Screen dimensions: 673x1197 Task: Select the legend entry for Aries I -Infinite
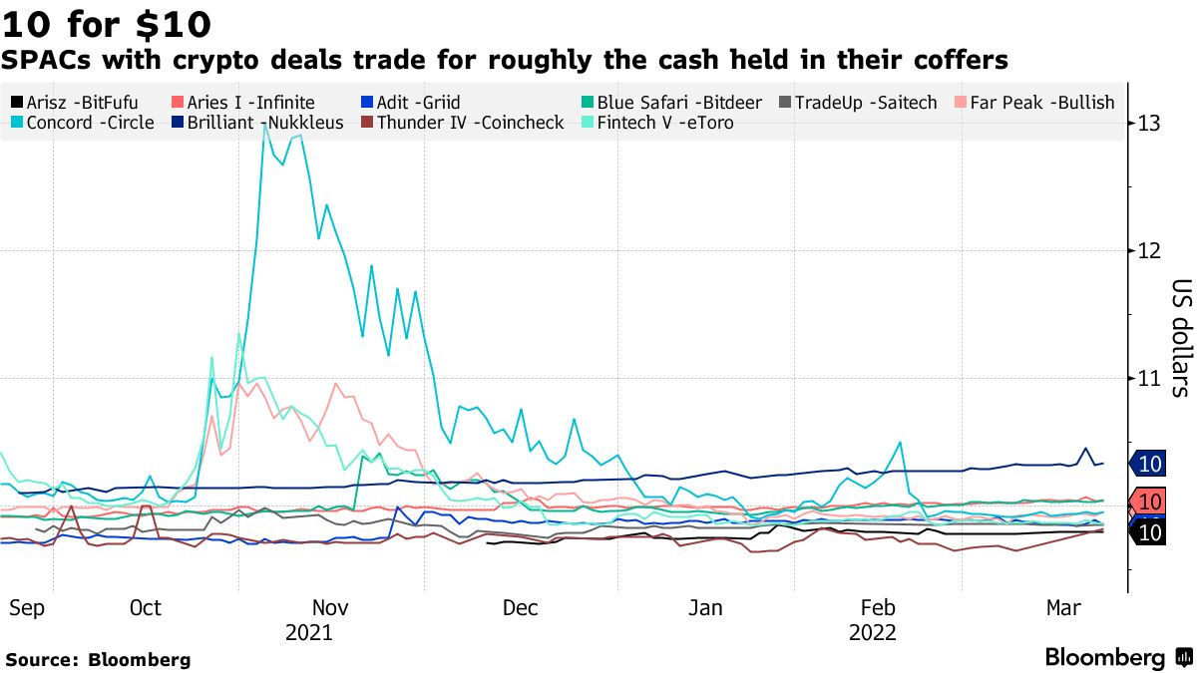click(x=243, y=103)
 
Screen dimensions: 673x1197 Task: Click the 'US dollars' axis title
click(x=1179, y=337)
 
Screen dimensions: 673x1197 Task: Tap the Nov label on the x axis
click(x=330, y=608)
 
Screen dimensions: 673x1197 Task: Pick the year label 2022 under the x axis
click(x=872, y=633)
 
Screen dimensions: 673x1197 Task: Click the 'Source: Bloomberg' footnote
click(x=98, y=660)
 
